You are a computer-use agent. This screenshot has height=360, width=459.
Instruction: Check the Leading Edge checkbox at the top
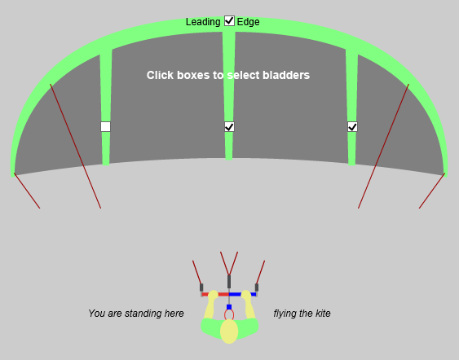pyautogui.click(x=229, y=21)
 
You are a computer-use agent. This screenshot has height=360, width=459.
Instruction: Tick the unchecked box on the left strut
pyautogui.click(x=105, y=126)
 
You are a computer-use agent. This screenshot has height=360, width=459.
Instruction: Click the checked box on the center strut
pyautogui.click(x=229, y=126)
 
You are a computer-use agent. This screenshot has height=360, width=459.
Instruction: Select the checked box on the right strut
pyautogui.click(x=352, y=126)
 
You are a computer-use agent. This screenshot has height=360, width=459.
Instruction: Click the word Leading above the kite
pyautogui.click(x=203, y=22)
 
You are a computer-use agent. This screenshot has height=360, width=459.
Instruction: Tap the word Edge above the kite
pyautogui.click(x=249, y=22)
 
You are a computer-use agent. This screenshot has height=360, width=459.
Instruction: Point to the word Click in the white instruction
pyautogui.click(x=161, y=75)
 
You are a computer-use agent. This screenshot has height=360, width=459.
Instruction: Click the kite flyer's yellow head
pyautogui.click(x=229, y=331)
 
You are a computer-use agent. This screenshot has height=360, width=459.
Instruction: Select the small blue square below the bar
pyautogui.click(x=229, y=307)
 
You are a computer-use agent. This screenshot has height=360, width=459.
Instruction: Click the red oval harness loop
pyautogui.click(x=229, y=315)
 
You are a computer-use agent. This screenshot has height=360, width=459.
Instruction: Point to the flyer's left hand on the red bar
pyautogui.click(x=213, y=295)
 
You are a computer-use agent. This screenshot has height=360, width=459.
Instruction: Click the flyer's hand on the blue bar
pyautogui.click(x=245, y=295)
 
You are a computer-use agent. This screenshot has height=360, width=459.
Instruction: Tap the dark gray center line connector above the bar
pyautogui.click(x=229, y=282)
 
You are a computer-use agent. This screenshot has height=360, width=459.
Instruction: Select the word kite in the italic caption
pyautogui.click(x=320, y=314)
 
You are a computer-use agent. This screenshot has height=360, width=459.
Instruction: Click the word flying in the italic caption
pyautogui.click(x=287, y=314)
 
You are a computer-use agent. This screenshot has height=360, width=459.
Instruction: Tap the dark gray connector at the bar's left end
pyautogui.click(x=201, y=287)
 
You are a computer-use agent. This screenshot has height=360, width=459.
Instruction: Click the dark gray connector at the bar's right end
pyautogui.click(x=257, y=287)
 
